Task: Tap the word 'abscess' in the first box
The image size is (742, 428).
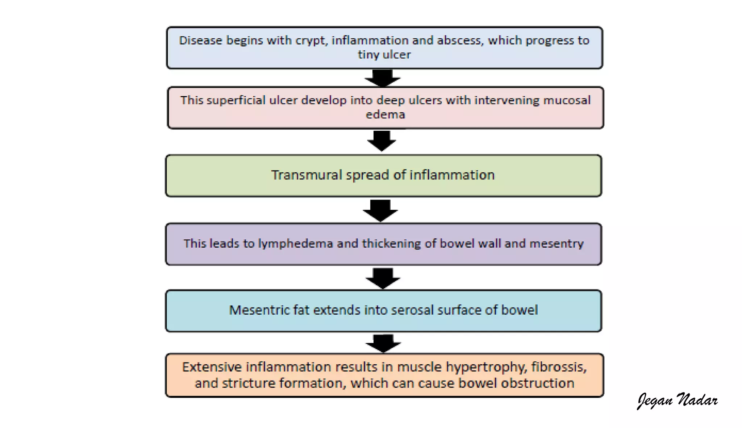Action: click(x=460, y=40)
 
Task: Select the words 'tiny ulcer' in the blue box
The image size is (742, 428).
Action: click(x=384, y=55)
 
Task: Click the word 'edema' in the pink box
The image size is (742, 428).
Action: click(x=385, y=115)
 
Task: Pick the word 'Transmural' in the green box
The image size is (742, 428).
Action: click(x=307, y=175)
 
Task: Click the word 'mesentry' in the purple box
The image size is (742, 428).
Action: click(x=556, y=244)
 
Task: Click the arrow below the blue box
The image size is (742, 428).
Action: click(x=383, y=78)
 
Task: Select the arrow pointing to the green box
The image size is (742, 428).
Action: click(x=382, y=141)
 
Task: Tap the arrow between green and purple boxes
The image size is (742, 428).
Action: click(x=380, y=210)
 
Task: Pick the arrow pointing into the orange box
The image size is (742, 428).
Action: click(x=383, y=343)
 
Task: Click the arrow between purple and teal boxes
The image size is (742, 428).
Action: click(x=383, y=278)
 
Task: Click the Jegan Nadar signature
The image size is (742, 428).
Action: click(x=677, y=400)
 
